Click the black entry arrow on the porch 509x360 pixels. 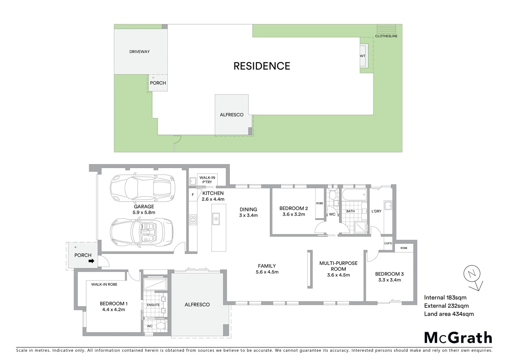pyautogui.click(x=91, y=262)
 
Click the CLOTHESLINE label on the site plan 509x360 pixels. pyautogui.click(x=386, y=36)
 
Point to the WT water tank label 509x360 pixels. pyautogui.click(x=362, y=56)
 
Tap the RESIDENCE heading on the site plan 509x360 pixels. pyautogui.click(x=261, y=66)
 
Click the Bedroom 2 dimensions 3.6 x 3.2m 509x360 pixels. pyautogui.click(x=293, y=214)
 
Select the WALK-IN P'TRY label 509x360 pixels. pyautogui.click(x=207, y=180)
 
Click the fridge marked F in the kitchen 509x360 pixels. pyautogui.click(x=193, y=195)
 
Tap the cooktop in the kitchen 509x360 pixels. pyautogui.click(x=193, y=219)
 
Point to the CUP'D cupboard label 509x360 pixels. pyautogui.click(x=388, y=243)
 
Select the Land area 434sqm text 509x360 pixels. pyautogui.click(x=449, y=314)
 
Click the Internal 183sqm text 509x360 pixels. pyautogui.click(x=445, y=298)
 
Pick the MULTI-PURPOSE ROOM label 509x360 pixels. pyautogui.click(x=338, y=266)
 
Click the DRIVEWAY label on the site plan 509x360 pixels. pyautogui.click(x=140, y=52)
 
